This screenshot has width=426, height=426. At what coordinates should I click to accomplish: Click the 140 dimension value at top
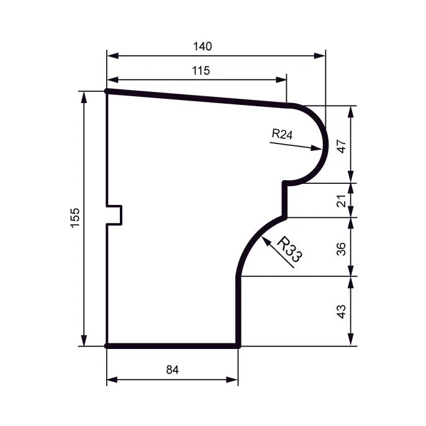(202, 47)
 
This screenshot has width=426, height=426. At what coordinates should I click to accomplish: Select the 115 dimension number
(201, 71)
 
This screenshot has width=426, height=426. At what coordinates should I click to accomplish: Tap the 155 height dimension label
(75, 218)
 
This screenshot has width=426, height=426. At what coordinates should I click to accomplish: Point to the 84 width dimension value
(173, 369)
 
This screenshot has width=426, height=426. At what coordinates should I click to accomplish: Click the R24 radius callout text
(283, 134)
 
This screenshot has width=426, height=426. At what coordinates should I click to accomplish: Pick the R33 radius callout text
(290, 250)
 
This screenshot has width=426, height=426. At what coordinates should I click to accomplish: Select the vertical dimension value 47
(342, 146)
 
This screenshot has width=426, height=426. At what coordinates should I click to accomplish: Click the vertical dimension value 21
(342, 201)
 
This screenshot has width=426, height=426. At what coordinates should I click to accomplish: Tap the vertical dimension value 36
(342, 249)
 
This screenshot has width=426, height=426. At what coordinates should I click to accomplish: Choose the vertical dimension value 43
(342, 311)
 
